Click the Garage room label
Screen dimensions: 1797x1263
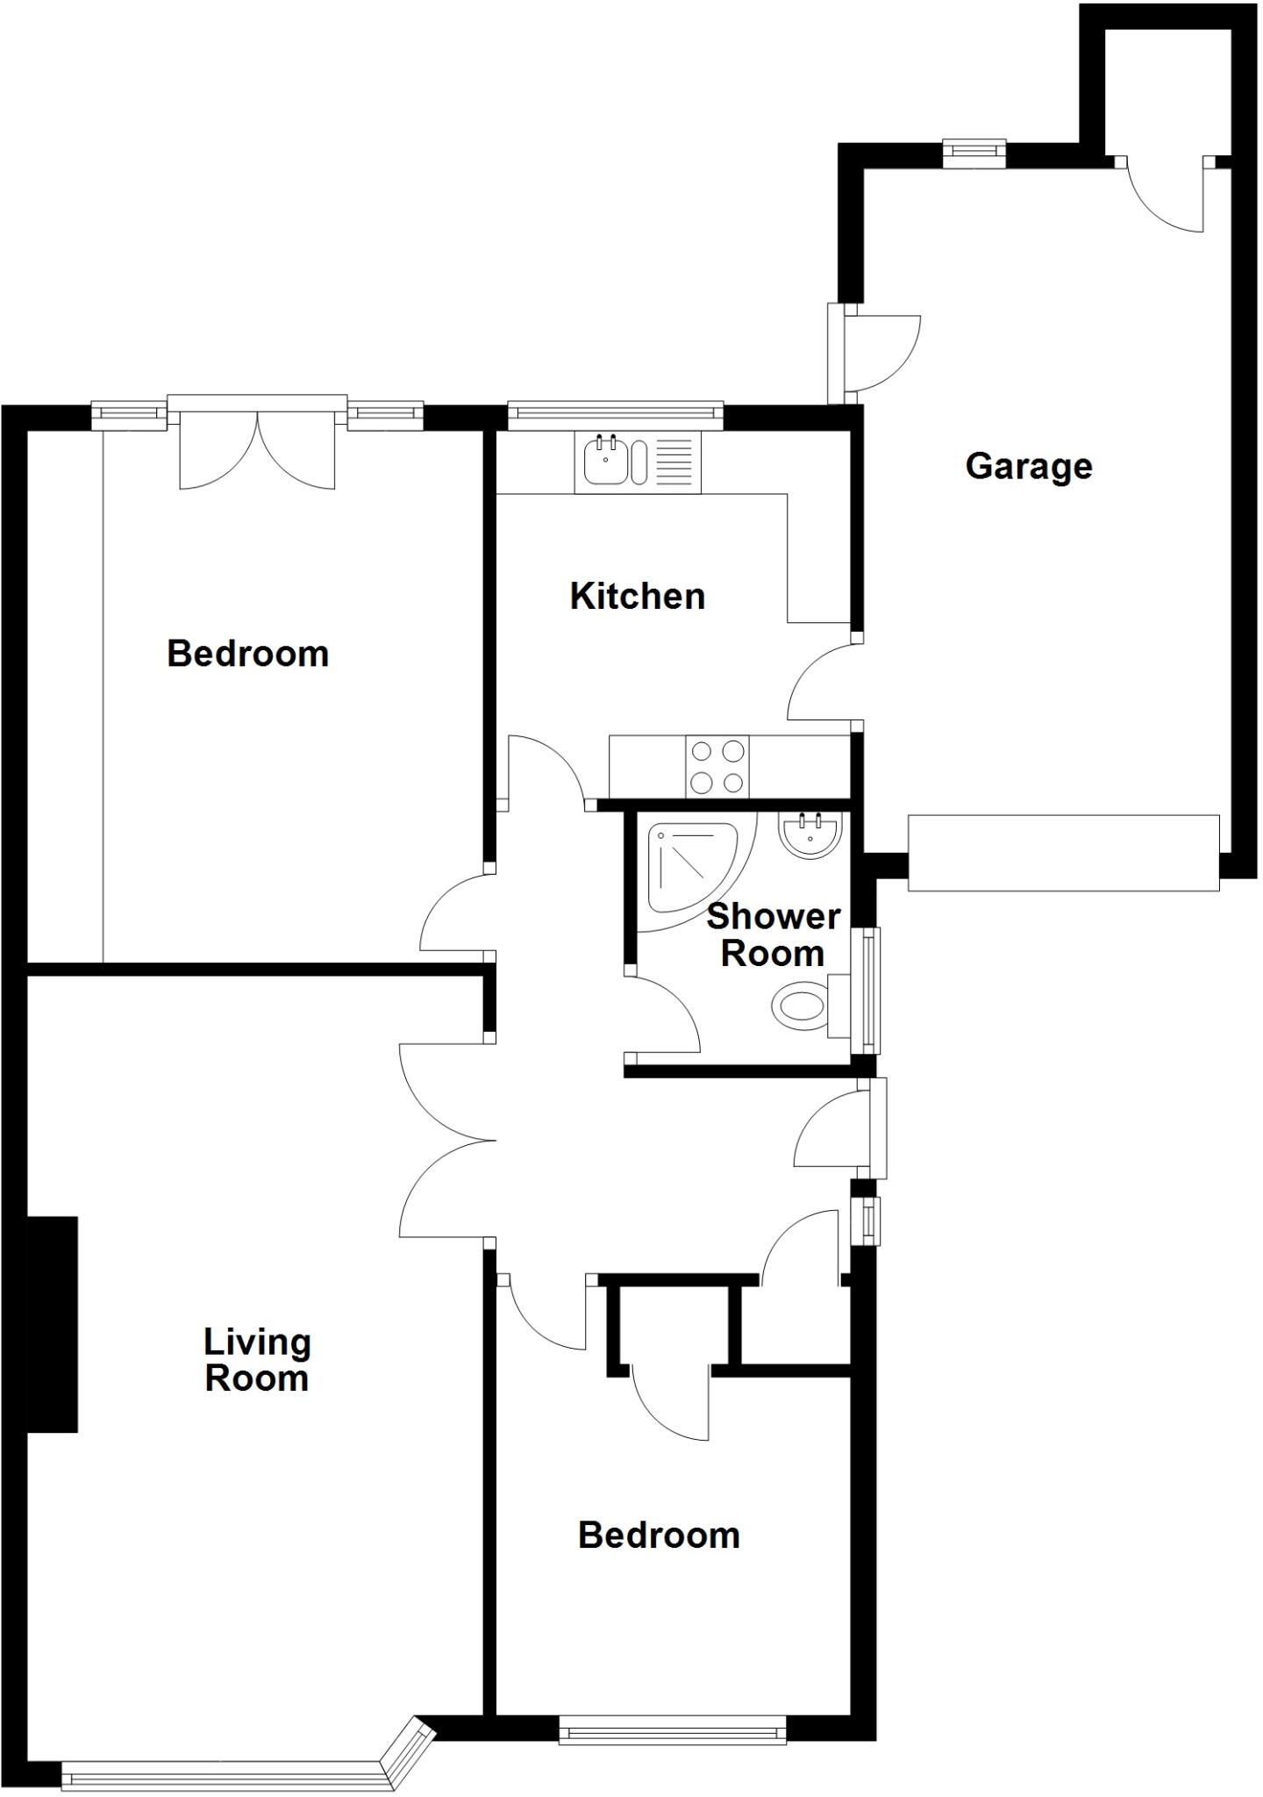(1028, 466)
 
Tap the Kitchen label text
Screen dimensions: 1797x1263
(637, 597)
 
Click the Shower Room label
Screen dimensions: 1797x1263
(773, 934)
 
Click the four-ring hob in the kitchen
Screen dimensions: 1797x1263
(718, 766)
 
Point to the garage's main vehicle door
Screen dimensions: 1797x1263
(1063, 853)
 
